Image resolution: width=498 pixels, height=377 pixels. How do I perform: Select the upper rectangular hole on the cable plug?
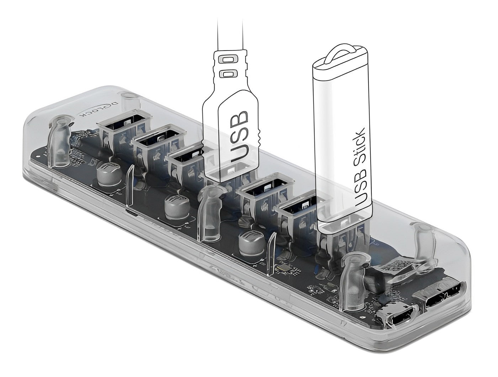(x=228, y=61)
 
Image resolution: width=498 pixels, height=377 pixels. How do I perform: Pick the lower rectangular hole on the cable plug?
(x=228, y=74)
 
